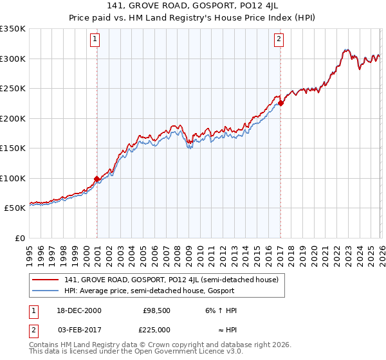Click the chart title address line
pos(192,6)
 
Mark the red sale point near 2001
pos(96,179)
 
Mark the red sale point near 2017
pos(281,103)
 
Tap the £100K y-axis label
pos(13,178)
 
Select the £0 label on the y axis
pos(19,238)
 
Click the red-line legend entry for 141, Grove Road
pos(170,280)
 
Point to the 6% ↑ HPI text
pos(221,310)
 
